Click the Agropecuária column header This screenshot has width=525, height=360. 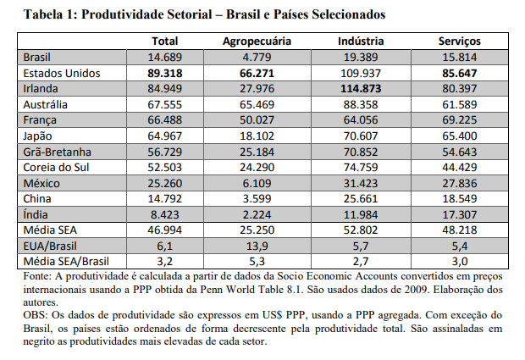click(x=257, y=42)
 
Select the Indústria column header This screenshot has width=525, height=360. click(x=361, y=42)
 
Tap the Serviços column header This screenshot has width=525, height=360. click(x=459, y=42)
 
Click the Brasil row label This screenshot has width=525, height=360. click(x=36, y=58)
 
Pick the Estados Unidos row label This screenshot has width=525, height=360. click(x=62, y=73)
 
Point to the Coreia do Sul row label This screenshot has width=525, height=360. click(x=56, y=167)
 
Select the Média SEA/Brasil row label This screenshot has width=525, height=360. click(x=66, y=261)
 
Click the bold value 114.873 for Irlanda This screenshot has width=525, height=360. click(x=361, y=89)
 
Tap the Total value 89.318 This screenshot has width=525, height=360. click(x=165, y=73)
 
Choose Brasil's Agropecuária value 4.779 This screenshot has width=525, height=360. click(x=257, y=58)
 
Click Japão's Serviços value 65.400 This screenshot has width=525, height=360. click(x=459, y=136)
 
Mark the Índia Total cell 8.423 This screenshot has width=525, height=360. click(x=165, y=214)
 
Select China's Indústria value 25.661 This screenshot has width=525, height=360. click(x=361, y=198)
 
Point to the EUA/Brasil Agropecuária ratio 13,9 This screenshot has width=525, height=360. click(x=257, y=246)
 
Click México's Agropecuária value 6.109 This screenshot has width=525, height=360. click(x=257, y=183)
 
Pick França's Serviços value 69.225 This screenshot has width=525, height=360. click(x=459, y=120)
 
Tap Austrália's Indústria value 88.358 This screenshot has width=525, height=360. click(x=361, y=104)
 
